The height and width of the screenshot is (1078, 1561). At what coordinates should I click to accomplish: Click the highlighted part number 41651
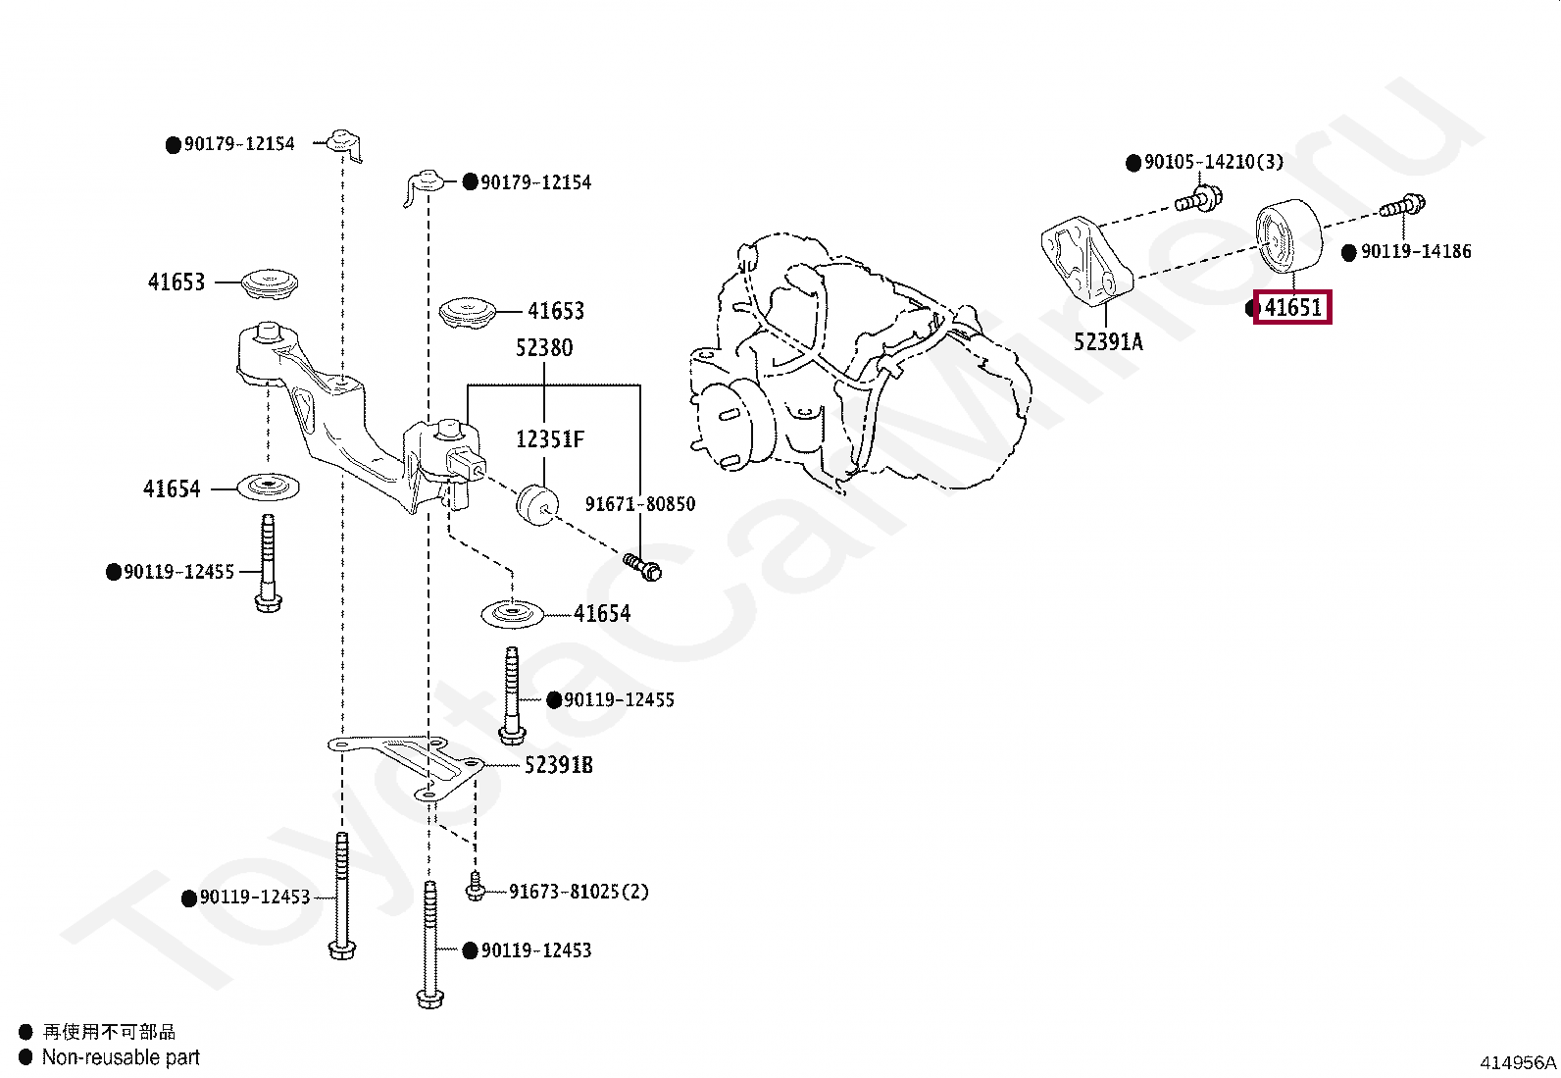(x=1292, y=308)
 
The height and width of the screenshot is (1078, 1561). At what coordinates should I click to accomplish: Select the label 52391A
(x=1108, y=342)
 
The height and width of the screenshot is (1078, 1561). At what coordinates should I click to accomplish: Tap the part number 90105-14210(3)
(x=1214, y=162)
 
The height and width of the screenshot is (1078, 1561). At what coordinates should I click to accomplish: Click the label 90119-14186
(x=1416, y=252)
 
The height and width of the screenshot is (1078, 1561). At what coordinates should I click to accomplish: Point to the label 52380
(x=544, y=348)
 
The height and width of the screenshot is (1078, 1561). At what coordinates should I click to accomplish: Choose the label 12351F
(x=549, y=439)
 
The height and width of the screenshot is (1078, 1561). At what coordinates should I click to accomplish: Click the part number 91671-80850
(x=640, y=504)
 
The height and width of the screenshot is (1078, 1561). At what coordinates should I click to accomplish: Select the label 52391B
(x=558, y=765)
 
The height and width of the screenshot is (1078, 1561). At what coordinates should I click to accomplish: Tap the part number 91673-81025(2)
(x=579, y=892)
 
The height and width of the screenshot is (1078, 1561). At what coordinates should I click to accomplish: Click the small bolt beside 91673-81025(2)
(x=476, y=888)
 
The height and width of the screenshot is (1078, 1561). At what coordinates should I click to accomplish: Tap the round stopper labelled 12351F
(x=535, y=503)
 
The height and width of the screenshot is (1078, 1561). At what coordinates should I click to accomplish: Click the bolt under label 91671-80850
(x=642, y=566)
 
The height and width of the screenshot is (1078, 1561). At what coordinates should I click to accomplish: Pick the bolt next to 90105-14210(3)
(x=1199, y=199)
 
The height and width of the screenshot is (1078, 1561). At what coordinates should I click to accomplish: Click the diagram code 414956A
(x=1517, y=1062)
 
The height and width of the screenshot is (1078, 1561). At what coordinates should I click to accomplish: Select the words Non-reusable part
(x=121, y=1057)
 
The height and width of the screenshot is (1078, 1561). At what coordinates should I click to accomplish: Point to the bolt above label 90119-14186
(x=1403, y=206)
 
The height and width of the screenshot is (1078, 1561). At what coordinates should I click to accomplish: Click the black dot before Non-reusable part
(x=25, y=1057)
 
